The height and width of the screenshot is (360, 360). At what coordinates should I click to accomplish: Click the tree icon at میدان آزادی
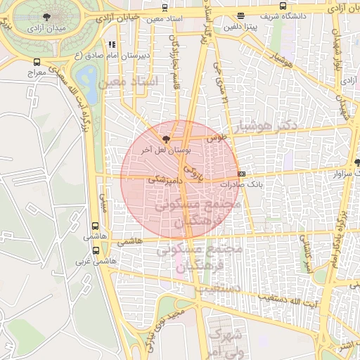(x=46, y=16)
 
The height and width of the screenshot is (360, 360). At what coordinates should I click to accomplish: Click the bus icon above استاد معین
(x=165, y=8)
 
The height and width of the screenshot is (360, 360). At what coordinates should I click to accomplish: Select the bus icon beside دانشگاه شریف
(x=240, y=15)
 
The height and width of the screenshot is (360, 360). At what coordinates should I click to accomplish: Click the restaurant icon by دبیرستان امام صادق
(x=111, y=44)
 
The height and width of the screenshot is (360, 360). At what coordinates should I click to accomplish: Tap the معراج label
(x=37, y=72)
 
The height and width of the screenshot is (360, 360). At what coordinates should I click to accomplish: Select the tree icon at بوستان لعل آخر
(x=166, y=139)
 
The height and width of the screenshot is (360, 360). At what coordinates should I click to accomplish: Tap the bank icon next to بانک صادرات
(x=242, y=174)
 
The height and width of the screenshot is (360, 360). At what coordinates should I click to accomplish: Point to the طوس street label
(x=215, y=139)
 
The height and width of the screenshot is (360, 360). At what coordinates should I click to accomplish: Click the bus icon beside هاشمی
(x=95, y=226)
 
